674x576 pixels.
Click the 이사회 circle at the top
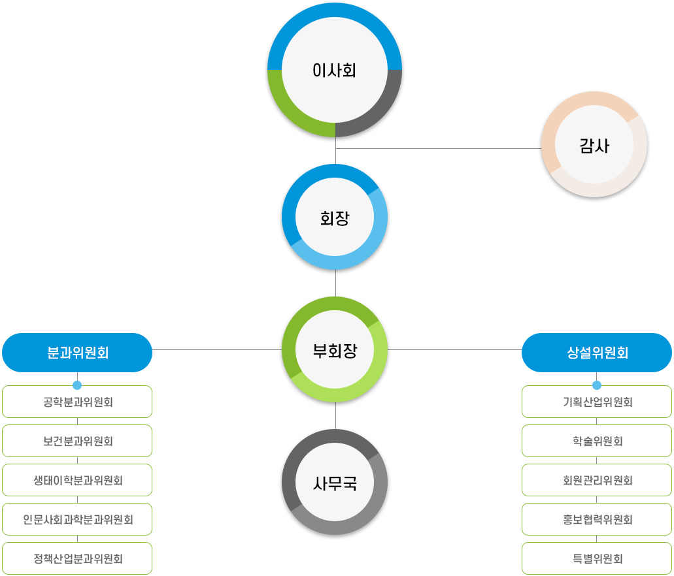click(335, 71)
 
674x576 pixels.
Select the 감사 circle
click(594, 146)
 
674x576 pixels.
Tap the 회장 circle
click(335, 218)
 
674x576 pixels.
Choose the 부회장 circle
click(335, 351)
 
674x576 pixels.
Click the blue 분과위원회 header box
click(77, 353)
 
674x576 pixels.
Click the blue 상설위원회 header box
click(596, 353)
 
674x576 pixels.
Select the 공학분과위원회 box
click(77, 402)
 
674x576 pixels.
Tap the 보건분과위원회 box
click(77, 441)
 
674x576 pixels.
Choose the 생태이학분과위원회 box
click(77, 480)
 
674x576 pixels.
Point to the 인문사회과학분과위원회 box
click(77, 519)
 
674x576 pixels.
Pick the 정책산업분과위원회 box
click(77, 558)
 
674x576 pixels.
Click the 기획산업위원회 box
click(596, 402)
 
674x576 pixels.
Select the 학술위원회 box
click(596, 441)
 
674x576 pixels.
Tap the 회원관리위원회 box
click(596, 480)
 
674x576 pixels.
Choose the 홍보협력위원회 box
click(596, 519)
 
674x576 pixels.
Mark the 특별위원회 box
click(596, 558)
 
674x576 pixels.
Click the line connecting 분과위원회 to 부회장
click(216, 349)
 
